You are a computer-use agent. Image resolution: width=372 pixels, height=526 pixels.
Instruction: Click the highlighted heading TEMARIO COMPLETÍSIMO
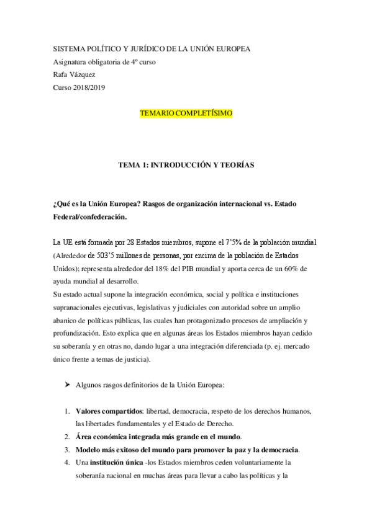[x=186, y=114]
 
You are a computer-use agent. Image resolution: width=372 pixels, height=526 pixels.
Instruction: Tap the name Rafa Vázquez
[x=78, y=74]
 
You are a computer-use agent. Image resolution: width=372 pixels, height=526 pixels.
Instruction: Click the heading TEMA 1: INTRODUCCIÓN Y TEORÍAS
[x=186, y=165]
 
